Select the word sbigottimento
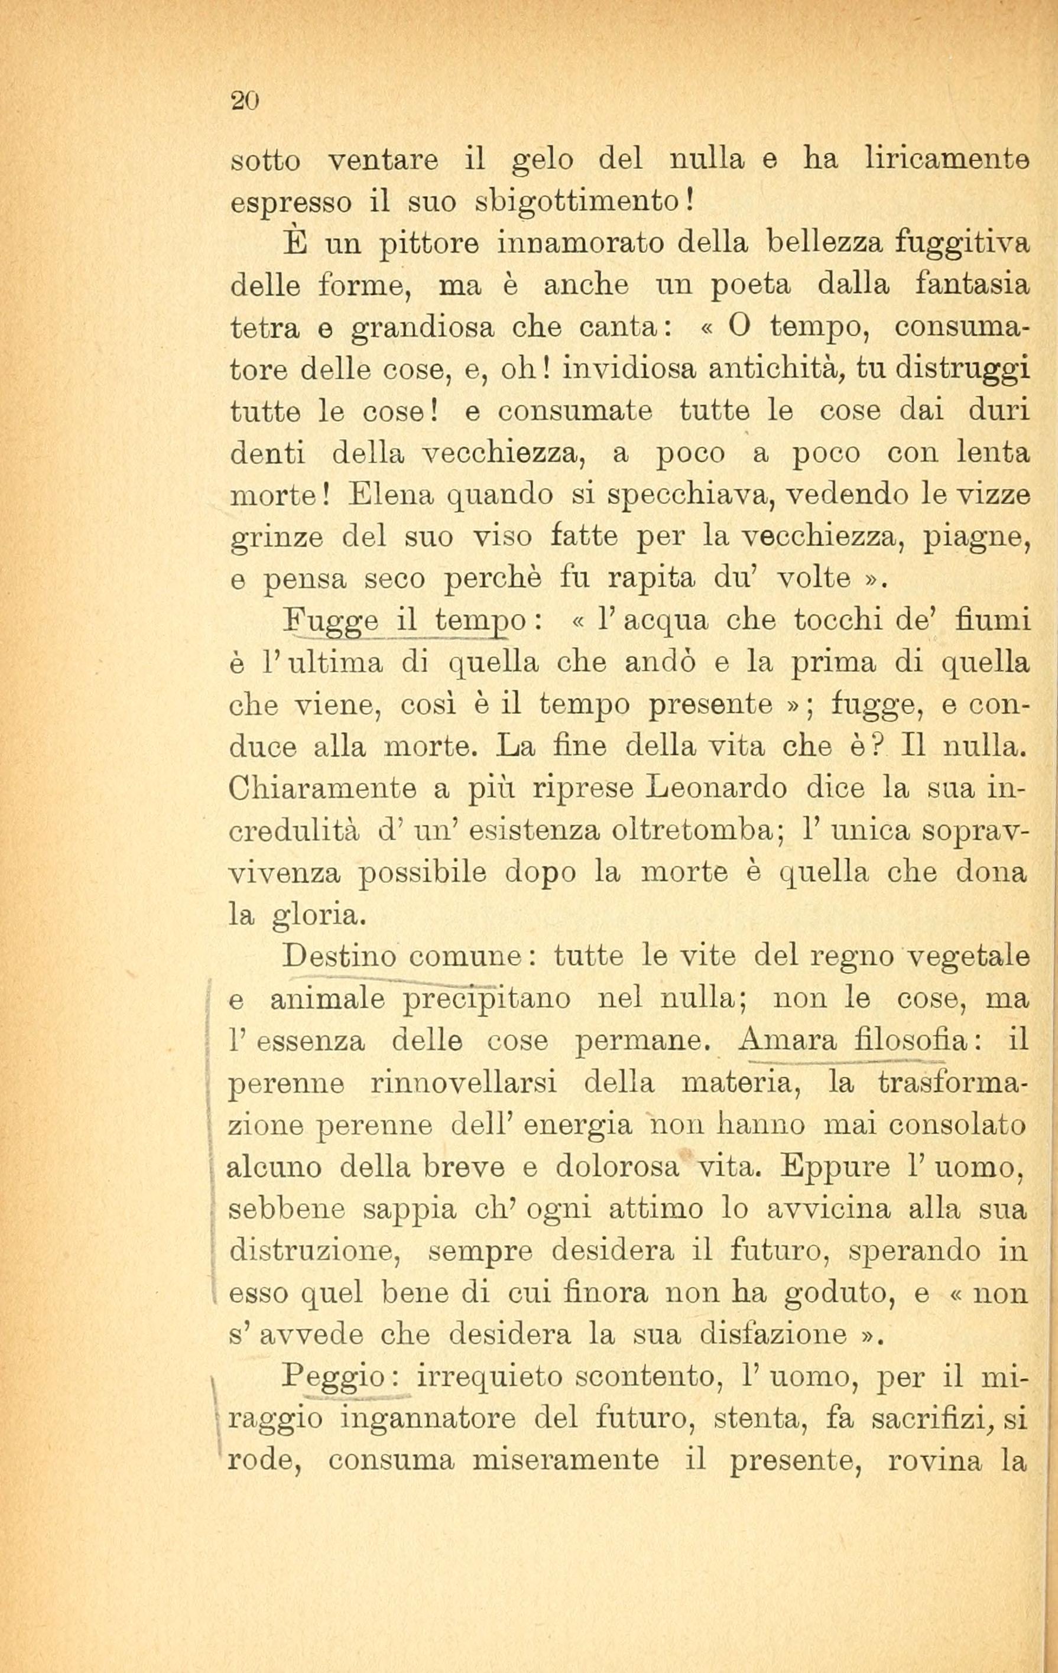(581, 203)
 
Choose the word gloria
(317, 917)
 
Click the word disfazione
(774, 1334)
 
